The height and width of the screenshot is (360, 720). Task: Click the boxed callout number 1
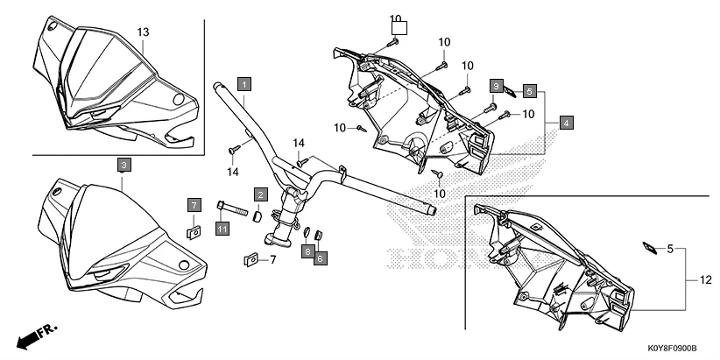(x=244, y=84)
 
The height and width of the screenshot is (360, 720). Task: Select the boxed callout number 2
(x=261, y=194)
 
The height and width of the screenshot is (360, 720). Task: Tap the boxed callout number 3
(x=124, y=165)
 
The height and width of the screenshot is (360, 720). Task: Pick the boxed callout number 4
(x=567, y=124)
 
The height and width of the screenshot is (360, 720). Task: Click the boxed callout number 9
(x=496, y=86)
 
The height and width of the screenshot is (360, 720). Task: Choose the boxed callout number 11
(x=222, y=229)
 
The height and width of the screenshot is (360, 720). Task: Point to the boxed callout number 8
(x=308, y=251)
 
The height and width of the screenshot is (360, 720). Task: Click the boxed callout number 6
(x=321, y=258)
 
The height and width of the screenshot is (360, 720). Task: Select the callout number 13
(x=144, y=32)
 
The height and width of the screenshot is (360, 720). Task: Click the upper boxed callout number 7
(x=194, y=205)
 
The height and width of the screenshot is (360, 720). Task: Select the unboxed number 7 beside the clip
(x=272, y=259)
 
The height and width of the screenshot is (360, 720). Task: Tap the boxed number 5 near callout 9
(x=530, y=90)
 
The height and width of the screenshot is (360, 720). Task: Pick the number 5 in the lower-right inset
(x=671, y=249)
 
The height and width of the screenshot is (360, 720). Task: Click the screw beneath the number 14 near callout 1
(x=234, y=150)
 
